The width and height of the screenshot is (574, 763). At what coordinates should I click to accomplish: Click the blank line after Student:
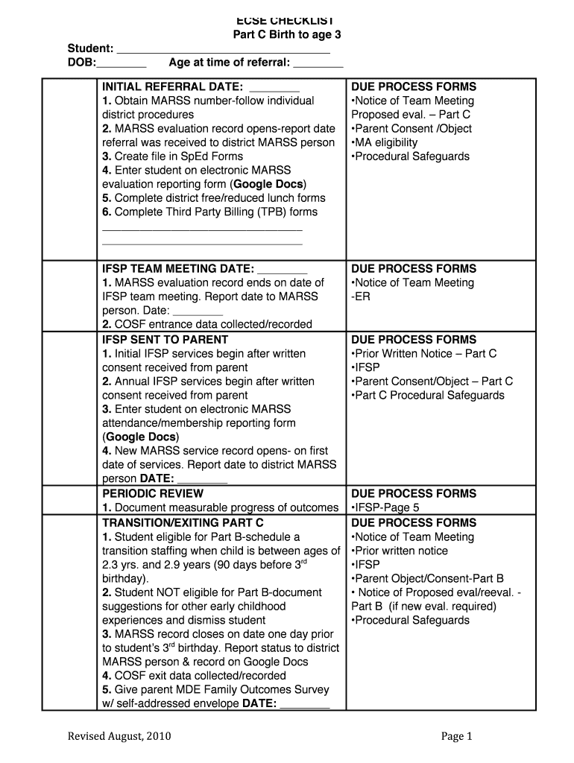click(224, 51)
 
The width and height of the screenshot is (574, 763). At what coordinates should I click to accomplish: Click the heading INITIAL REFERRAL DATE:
click(172, 87)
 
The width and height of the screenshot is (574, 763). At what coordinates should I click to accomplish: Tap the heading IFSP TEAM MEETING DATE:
click(178, 269)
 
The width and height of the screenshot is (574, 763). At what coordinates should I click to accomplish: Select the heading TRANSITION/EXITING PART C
click(183, 523)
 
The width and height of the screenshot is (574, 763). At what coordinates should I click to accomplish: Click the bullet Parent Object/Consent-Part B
click(427, 578)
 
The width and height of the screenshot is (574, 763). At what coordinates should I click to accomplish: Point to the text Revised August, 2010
click(119, 736)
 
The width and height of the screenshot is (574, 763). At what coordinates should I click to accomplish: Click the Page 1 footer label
click(457, 736)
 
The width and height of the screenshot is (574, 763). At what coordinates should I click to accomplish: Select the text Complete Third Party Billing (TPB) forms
click(215, 212)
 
